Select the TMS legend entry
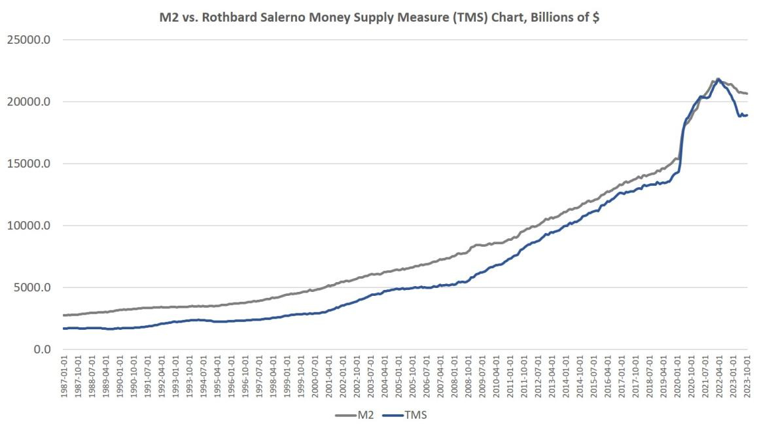pyautogui.click(x=407, y=415)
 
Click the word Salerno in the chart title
pyautogui.click(x=274, y=18)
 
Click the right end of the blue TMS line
pyautogui.click(x=747, y=115)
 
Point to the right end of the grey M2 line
pyautogui.click(x=747, y=94)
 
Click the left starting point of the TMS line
pyautogui.click(x=63, y=328)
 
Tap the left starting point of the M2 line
pyautogui.click(x=63, y=315)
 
